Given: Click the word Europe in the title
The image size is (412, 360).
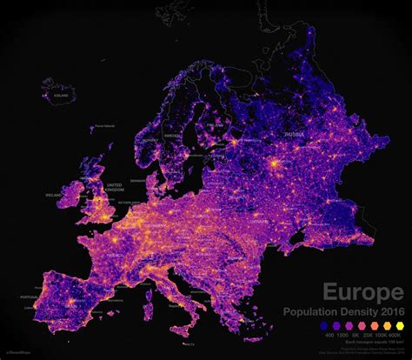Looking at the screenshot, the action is point(362,291).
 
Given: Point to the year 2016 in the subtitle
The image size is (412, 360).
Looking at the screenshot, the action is point(389,312).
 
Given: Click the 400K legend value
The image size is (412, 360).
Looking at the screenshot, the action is point(396,334).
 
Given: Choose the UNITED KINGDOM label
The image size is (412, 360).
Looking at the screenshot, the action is point(114,188).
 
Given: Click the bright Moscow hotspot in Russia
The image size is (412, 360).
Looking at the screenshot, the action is point(276,163).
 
